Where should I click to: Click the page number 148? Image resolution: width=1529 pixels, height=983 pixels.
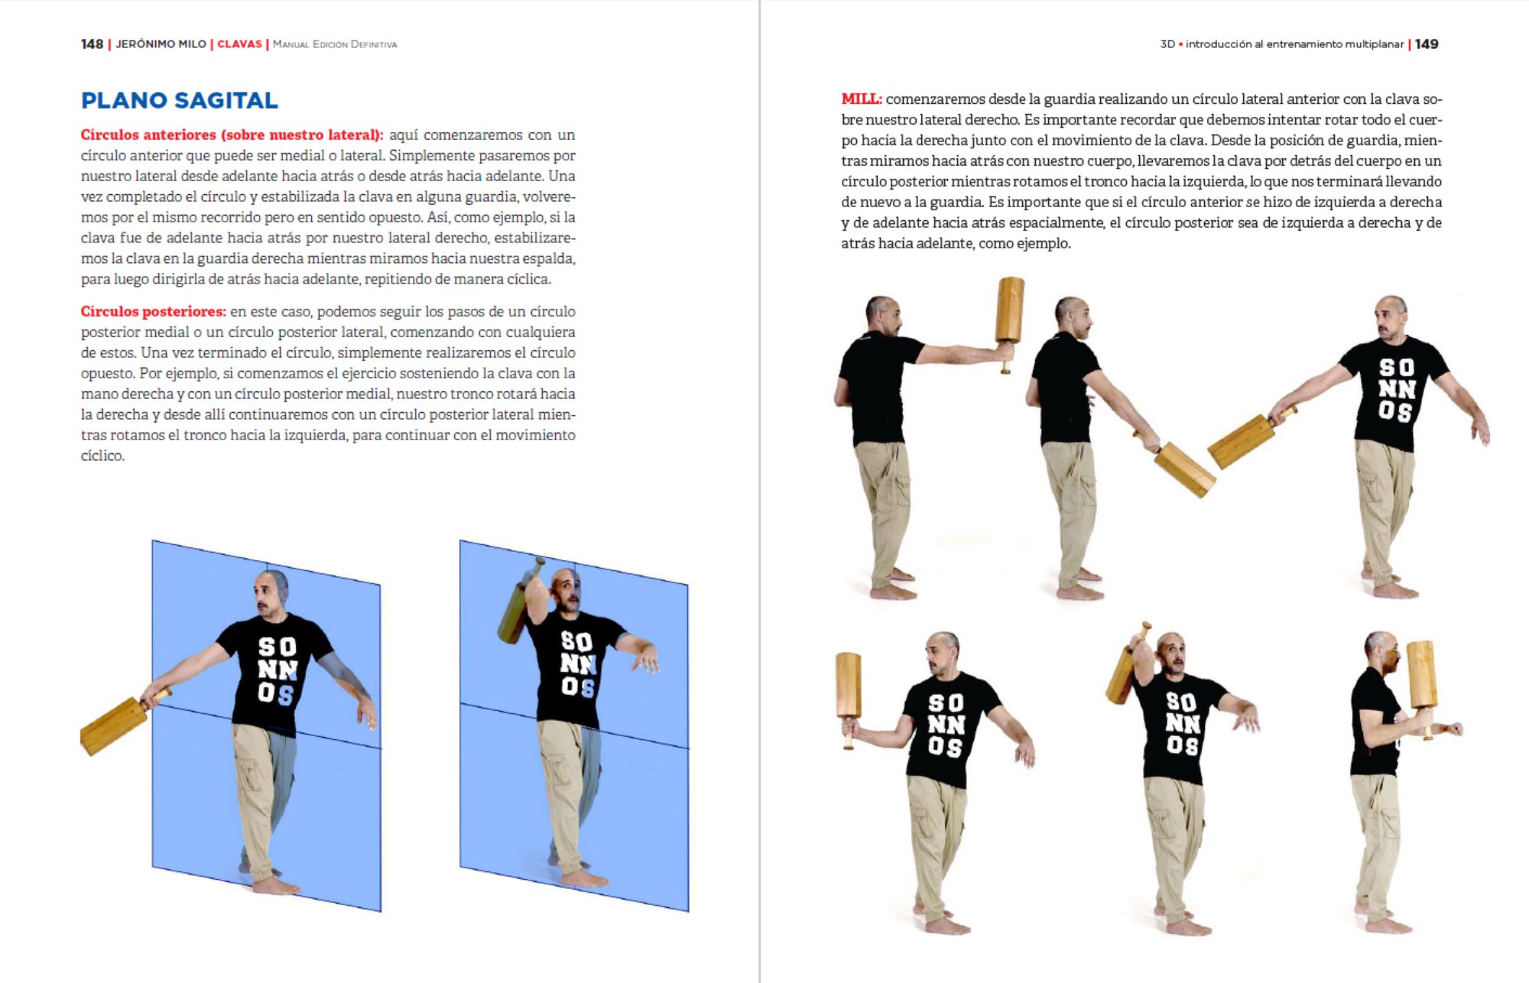point(92,44)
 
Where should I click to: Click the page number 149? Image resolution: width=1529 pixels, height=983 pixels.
point(1427,44)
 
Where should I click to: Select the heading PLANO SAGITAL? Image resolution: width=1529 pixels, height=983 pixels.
point(179,100)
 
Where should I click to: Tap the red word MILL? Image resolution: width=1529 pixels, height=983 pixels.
point(862,99)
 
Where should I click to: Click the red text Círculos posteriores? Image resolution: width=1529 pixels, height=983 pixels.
point(153,312)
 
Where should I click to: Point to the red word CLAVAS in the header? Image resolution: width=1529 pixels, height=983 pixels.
point(239,44)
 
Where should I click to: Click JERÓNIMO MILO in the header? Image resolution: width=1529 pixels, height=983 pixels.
point(161,44)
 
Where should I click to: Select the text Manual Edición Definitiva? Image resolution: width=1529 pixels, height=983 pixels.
point(335,44)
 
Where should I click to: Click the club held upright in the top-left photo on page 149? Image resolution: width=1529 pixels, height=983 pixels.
point(1010,313)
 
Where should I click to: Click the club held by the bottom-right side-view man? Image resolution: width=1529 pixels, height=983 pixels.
point(1421,676)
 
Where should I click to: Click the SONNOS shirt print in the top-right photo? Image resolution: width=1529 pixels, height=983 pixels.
point(1397,390)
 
